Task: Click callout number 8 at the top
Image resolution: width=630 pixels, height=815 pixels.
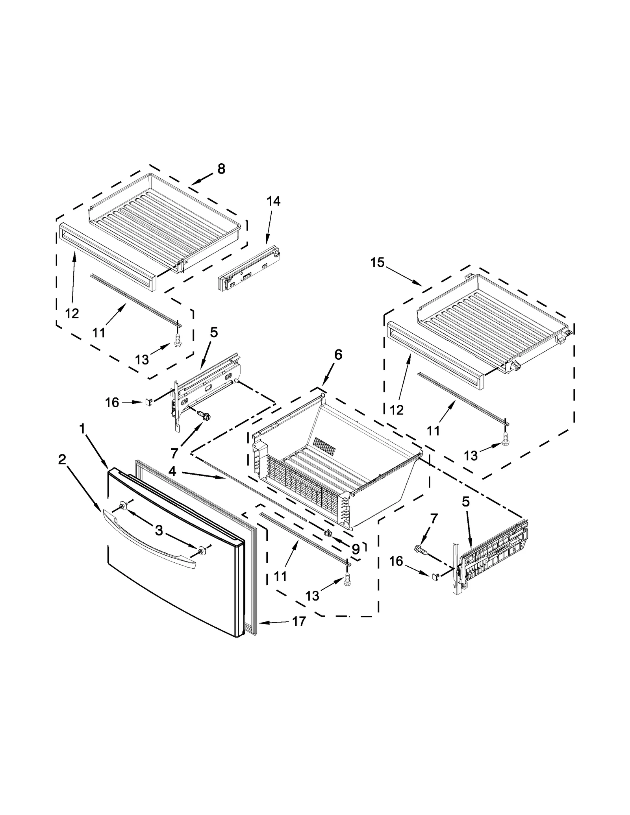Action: pyautogui.click(x=221, y=169)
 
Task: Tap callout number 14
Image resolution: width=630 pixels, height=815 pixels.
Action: pyautogui.click(x=273, y=201)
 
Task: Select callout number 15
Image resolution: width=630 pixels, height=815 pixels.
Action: pyautogui.click(x=377, y=262)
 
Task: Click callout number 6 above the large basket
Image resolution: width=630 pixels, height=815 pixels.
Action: pyautogui.click(x=338, y=355)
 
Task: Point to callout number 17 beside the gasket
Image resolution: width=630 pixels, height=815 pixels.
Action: pyautogui.click(x=299, y=621)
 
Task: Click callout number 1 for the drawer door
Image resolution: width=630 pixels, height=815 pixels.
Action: pyautogui.click(x=82, y=429)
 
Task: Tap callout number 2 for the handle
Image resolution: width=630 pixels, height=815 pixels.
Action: pyautogui.click(x=62, y=459)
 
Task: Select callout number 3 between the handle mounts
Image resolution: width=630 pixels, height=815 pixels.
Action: pyautogui.click(x=159, y=530)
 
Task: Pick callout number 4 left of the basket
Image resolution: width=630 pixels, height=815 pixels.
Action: pyautogui.click(x=172, y=471)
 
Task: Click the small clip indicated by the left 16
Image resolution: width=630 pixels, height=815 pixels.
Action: pyautogui.click(x=148, y=401)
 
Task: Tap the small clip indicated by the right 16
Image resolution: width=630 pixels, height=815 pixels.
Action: pyautogui.click(x=435, y=576)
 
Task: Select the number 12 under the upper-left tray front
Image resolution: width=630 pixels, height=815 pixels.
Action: pyautogui.click(x=72, y=313)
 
